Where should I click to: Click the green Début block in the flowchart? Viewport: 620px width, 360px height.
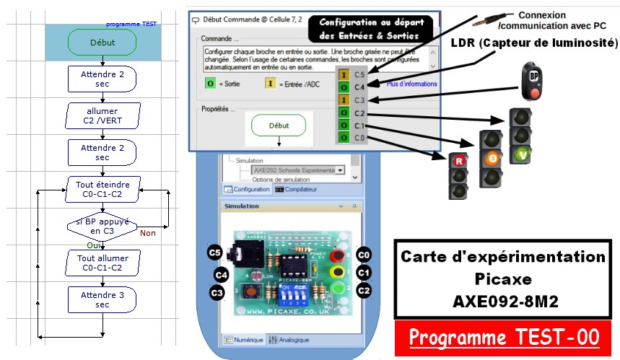click(x=102, y=43)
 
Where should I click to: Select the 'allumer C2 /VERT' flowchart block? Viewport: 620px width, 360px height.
click(x=102, y=115)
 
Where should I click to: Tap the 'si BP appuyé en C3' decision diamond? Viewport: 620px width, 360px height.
click(x=102, y=227)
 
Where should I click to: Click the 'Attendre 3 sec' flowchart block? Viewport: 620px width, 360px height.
click(x=102, y=299)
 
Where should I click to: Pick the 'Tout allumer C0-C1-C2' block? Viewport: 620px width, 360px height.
click(x=102, y=263)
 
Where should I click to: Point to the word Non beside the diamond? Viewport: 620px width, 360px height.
click(x=147, y=232)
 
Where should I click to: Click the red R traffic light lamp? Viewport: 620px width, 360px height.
click(x=458, y=161)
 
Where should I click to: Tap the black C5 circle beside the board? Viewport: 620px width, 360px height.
click(x=214, y=253)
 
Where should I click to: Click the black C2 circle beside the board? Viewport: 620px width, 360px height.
click(x=363, y=291)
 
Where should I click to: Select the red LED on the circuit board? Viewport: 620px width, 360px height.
click(x=336, y=255)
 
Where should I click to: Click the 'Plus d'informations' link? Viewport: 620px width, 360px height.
click(x=411, y=84)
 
